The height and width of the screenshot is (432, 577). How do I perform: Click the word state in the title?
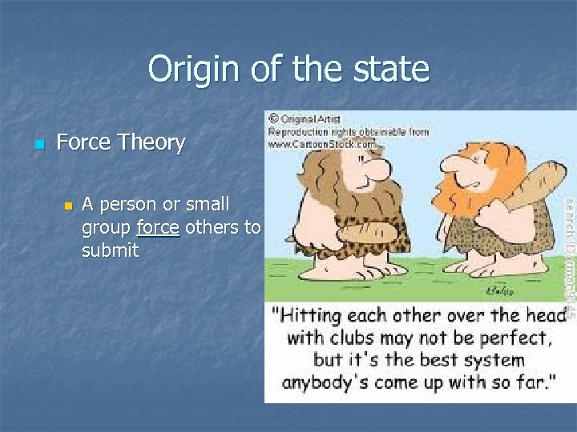(x=389, y=69)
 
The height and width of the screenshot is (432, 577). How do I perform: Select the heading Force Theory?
(x=121, y=142)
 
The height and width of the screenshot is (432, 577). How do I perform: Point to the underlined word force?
(x=158, y=227)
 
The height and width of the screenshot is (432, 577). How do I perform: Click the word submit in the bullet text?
(x=110, y=250)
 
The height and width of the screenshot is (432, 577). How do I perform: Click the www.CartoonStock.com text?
(x=321, y=144)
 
